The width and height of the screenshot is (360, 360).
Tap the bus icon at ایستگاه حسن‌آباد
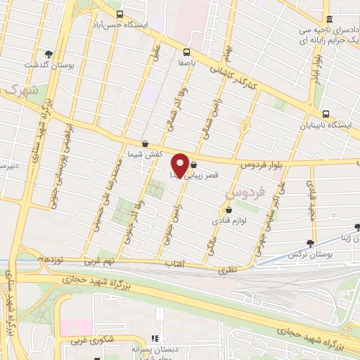(120, 14)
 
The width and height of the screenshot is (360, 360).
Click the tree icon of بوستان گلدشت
(49, 54)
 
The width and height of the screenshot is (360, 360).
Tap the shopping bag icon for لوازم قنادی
(228, 210)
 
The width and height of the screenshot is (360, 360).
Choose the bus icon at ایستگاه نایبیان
(326, 114)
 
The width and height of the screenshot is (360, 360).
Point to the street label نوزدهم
(50, 259)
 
